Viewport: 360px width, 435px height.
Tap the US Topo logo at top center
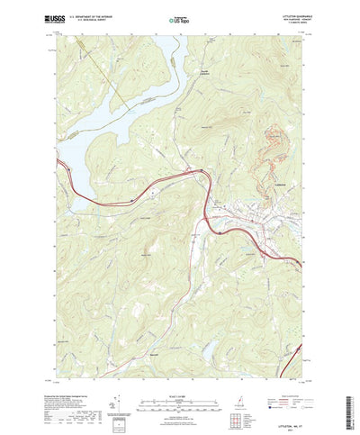pos(180,17)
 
